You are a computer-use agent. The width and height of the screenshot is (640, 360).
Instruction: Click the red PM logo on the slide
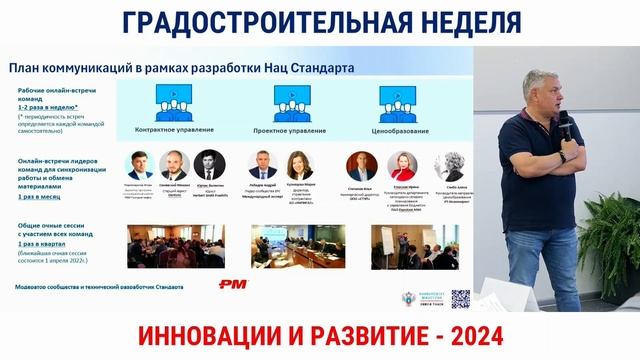[232, 285]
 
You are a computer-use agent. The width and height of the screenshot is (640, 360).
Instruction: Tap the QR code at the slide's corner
[460, 297]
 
